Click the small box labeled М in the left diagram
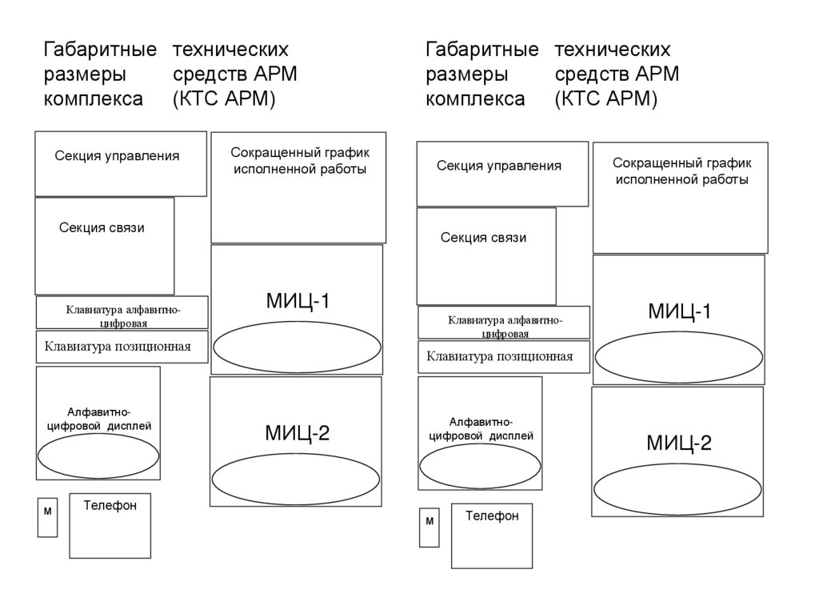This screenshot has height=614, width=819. tap(47, 517)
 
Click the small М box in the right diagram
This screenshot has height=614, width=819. tap(429, 528)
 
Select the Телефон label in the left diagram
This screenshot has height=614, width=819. tap(110, 506)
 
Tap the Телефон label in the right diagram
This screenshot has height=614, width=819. tap(492, 516)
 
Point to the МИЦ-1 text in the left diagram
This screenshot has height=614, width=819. tap(298, 301)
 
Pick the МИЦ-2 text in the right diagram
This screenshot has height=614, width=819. tap(679, 443)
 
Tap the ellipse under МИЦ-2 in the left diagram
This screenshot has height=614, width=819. tap(295, 479)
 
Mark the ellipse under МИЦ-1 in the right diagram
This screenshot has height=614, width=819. tap(678, 357)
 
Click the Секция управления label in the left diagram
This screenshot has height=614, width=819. tap(117, 156)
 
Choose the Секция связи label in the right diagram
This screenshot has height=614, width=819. tap(483, 238)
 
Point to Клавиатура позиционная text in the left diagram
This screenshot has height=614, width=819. tap(118, 347)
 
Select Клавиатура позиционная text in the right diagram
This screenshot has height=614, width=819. tap(499, 356)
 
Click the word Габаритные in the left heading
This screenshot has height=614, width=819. tap(99, 50)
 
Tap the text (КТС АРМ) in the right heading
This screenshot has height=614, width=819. tap(605, 99)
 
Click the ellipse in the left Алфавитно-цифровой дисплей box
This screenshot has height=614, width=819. tap(98, 455)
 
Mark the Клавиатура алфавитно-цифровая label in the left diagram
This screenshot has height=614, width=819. tap(122, 316)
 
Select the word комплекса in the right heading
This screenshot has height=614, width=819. tap(475, 99)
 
